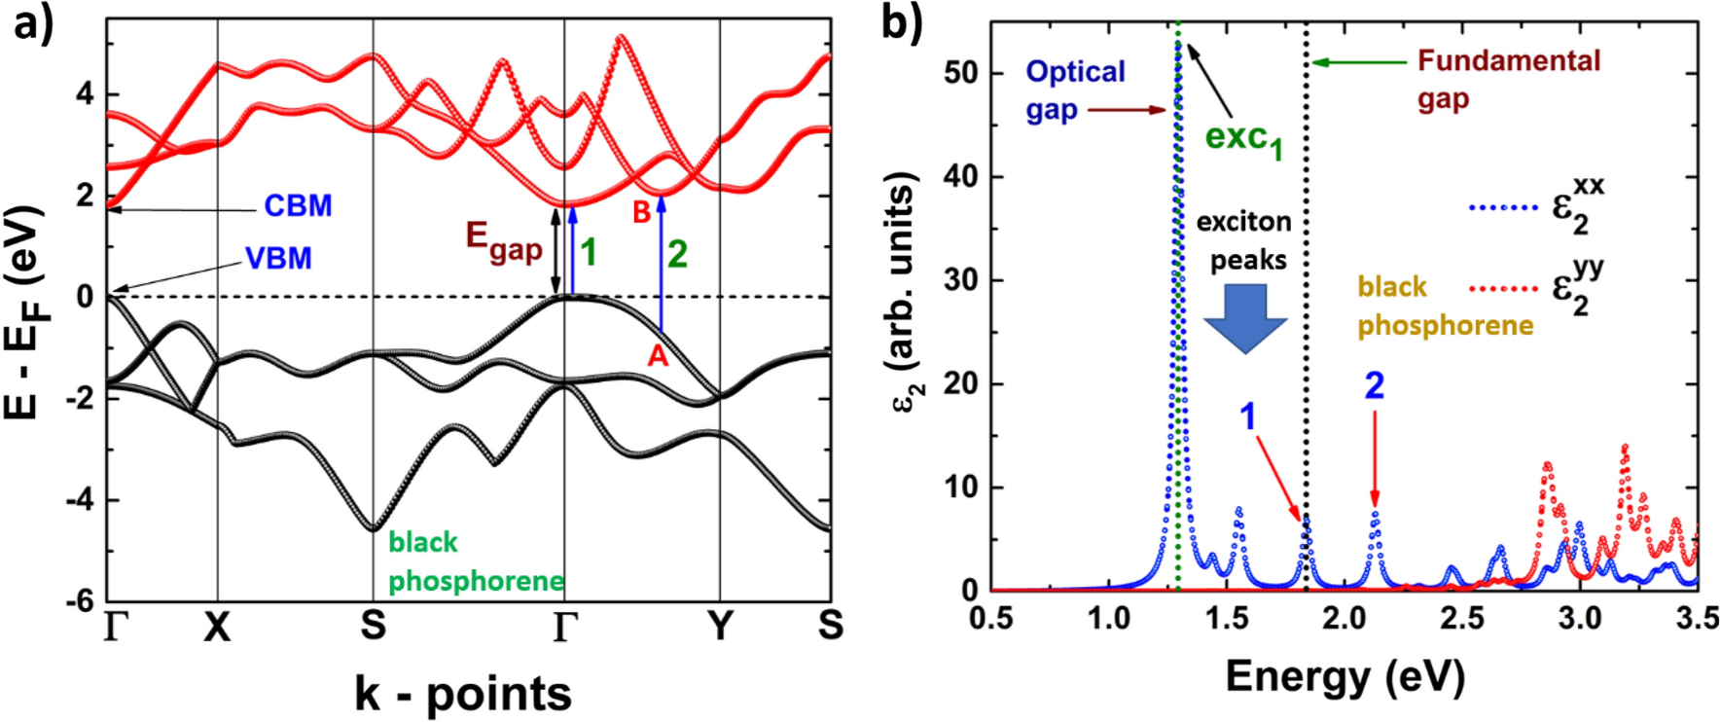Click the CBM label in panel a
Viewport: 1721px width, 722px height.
(298, 206)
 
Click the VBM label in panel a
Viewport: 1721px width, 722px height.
(278, 259)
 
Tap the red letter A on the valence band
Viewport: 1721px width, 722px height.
(659, 356)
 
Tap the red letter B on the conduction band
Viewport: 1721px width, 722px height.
(642, 212)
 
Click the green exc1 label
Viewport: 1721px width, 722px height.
(1243, 139)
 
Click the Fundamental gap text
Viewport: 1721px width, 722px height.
(1507, 79)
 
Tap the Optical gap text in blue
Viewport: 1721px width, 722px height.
(1074, 90)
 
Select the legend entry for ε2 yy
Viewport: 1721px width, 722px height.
(1537, 289)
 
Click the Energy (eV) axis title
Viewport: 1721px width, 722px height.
(1345, 675)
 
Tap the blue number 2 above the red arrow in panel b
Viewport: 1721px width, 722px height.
(1374, 386)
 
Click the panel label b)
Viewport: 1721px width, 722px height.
(901, 21)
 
